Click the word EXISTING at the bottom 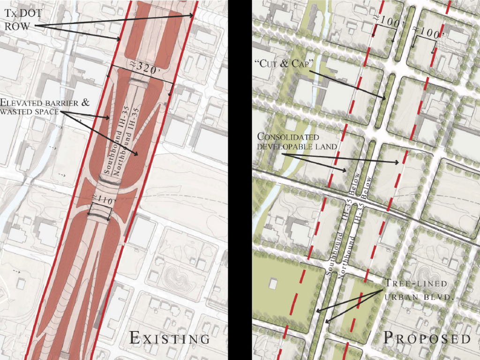pyautogui.click(x=169, y=338)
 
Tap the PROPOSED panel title pyautogui.click(x=427, y=338)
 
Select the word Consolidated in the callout pyautogui.click(x=288, y=137)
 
